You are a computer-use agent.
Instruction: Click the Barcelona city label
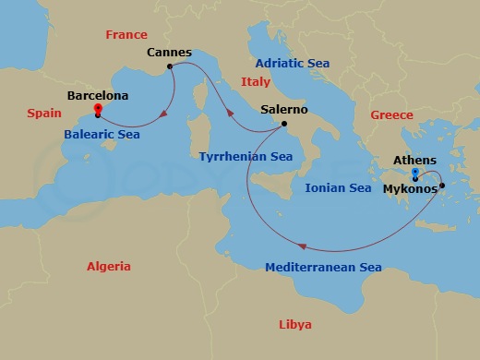[x=98, y=95]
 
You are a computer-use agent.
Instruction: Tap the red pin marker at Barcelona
[x=97, y=112]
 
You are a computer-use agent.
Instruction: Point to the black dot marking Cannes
[x=170, y=66]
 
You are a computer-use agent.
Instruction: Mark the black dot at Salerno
[x=283, y=124]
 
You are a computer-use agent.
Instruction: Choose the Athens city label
[x=414, y=160]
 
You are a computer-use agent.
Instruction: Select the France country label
[x=126, y=35]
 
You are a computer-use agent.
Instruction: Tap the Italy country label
[x=256, y=82]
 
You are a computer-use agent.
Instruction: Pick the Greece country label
[x=391, y=115]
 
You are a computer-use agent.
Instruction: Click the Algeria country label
[x=109, y=267]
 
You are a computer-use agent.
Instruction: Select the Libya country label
[x=294, y=324]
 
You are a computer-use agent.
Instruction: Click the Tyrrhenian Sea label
[x=246, y=157]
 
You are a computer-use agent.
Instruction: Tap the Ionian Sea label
[x=338, y=188]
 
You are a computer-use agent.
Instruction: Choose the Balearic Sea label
[x=103, y=135]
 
